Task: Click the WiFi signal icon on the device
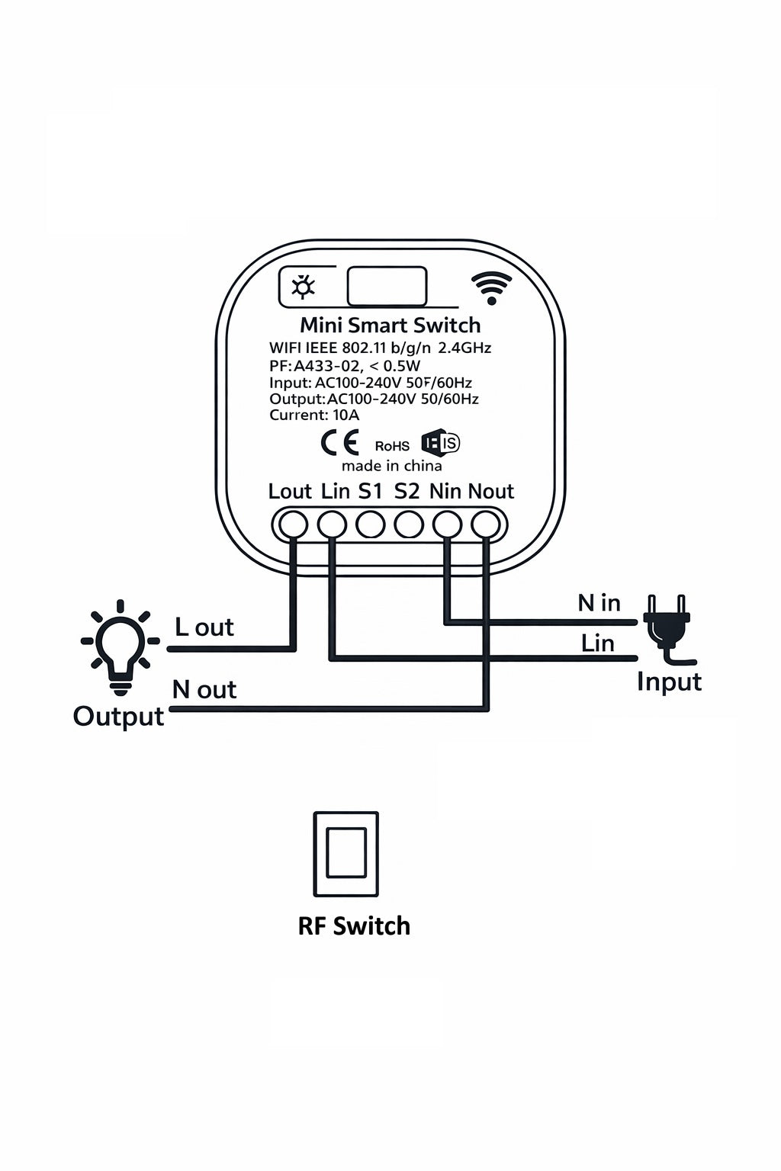pos(491,287)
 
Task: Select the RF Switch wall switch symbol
pos(346,853)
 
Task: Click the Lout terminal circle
pos(293,525)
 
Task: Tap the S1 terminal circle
pos(371,525)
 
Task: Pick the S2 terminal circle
pos(409,525)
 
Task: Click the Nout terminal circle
pos(487,525)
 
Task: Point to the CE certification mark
pos(339,444)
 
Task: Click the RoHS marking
pos(392,446)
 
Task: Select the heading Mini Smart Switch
pos(390,326)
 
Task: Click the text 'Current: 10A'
pos(314,415)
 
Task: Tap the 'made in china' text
pos(391,466)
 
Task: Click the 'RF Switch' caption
pos(354,926)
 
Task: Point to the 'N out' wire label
pos(204,689)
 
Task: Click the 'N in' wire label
pos(599,603)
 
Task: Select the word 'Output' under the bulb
pos(118,717)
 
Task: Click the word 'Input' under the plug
pos(669,682)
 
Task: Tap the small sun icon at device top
pos(304,287)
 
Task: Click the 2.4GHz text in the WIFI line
pos(464,348)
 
